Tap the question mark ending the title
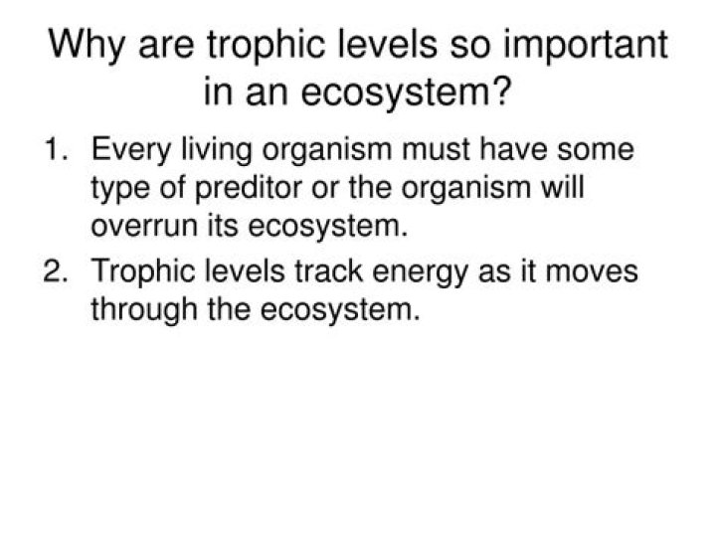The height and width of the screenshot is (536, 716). (502, 93)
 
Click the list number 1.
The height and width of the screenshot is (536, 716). (56, 151)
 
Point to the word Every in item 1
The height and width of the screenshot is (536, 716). (132, 151)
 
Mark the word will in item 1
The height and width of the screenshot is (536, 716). (560, 189)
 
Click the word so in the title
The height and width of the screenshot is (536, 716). (453, 47)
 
